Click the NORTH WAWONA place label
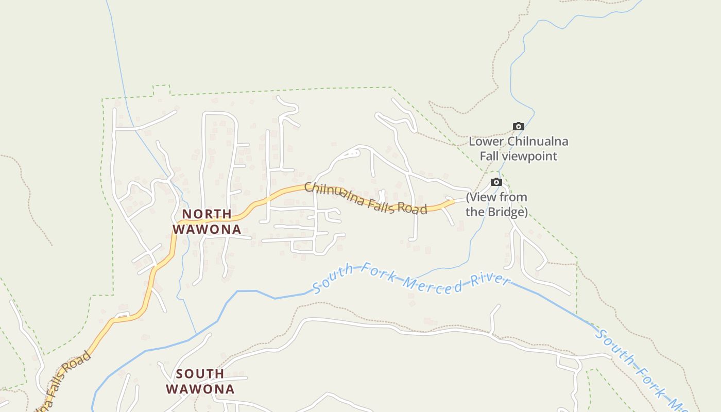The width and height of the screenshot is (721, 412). click(x=207, y=221)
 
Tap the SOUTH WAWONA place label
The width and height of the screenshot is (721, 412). click(x=200, y=381)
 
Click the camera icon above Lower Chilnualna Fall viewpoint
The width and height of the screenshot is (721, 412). click(x=519, y=126)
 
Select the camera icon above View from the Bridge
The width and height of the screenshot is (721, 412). click(x=496, y=182)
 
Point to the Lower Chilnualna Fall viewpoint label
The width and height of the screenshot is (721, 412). click(x=519, y=149)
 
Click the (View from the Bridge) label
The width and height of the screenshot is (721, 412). click(x=496, y=204)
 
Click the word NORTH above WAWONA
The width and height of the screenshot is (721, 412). click(x=207, y=214)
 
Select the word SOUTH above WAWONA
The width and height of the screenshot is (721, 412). click(x=200, y=373)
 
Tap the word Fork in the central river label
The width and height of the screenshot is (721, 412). click(x=377, y=273)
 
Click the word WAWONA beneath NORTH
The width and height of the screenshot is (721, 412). click(x=207, y=229)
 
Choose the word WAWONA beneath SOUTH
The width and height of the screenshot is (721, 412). click(x=200, y=389)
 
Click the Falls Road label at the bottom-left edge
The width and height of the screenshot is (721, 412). click(x=62, y=381)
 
